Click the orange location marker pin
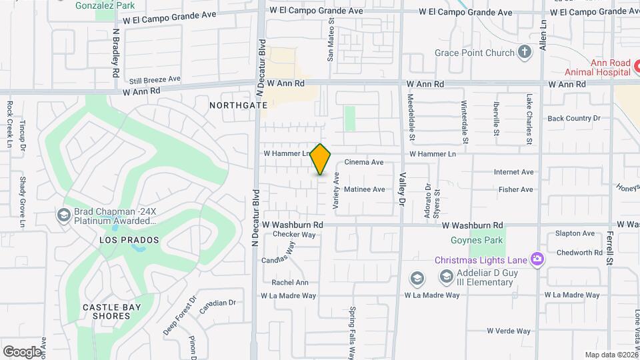point(321,159)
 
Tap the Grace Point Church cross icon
point(525,53)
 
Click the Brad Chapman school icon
point(64,214)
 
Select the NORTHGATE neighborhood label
point(238,105)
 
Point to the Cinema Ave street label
point(363,162)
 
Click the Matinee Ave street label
point(365,189)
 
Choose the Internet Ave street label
point(513,172)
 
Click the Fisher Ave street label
point(515,189)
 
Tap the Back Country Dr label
point(573,119)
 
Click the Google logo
point(22,351)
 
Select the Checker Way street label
point(294,235)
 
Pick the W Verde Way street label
point(508,331)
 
